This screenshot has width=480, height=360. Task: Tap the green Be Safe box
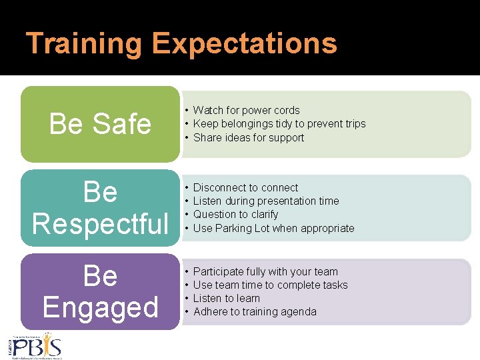click(x=100, y=124)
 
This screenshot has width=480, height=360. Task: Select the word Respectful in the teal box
click(x=100, y=223)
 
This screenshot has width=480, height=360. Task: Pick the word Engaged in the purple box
click(x=100, y=307)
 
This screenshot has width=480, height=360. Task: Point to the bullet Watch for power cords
click(x=246, y=111)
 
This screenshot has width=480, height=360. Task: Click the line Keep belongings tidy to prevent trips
click(x=279, y=124)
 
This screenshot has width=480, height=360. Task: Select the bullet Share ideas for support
click(x=248, y=138)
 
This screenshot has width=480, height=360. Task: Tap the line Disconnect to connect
click(x=245, y=188)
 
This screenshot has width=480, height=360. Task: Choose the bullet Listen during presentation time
click(x=265, y=201)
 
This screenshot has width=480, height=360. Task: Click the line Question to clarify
click(x=235, y=215)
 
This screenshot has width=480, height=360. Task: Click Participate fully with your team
click(x=265, y=272)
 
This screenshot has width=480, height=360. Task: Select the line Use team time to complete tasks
click(x=270, y=285)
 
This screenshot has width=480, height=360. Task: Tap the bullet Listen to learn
click(x=226, y=299)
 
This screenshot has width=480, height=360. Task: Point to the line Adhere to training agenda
click(x=255, y=312)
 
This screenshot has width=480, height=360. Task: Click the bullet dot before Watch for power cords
click(x=187, y=111)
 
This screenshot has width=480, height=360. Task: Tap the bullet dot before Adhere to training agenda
click(x=187, y=312)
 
